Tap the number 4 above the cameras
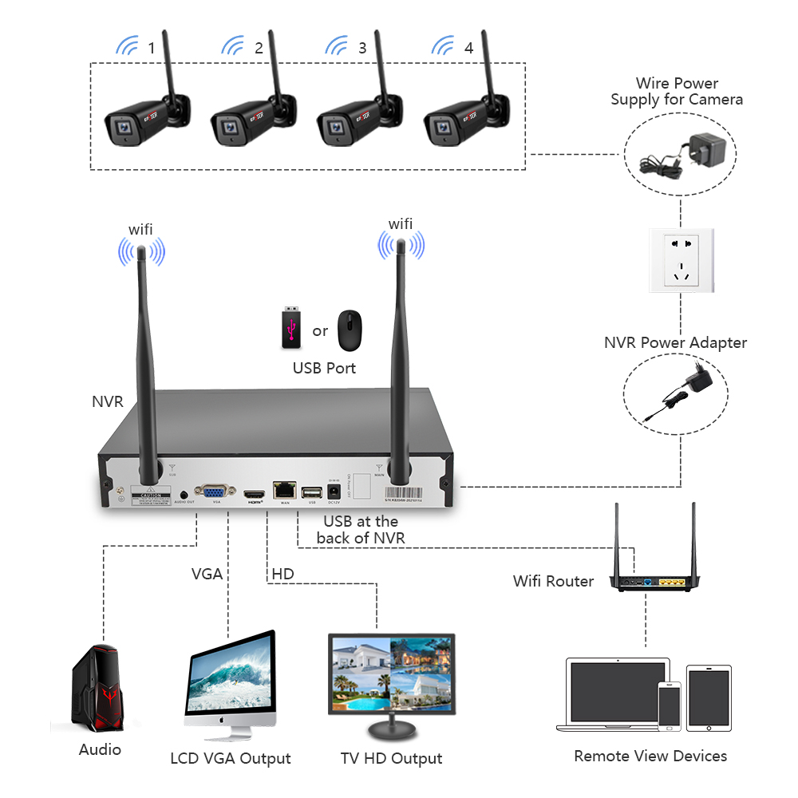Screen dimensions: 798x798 point(468,48)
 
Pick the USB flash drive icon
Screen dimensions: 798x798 point(290,328)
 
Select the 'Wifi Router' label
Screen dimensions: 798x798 point(553,581)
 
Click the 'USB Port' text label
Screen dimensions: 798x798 point(324,369)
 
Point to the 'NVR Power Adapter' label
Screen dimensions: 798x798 point(675,342)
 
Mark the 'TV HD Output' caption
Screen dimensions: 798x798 point(391,758)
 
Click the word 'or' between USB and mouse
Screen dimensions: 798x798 point(320,330)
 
